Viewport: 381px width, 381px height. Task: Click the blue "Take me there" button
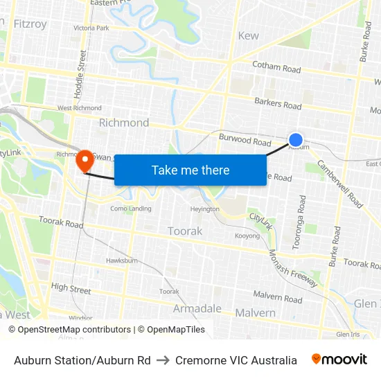pos(190,170)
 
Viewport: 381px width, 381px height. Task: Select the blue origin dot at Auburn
pos(296,140)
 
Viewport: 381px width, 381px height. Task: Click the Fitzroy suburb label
pos(29,24)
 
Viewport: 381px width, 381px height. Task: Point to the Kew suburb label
pos(248,36)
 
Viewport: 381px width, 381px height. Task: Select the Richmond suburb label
pos(124,123)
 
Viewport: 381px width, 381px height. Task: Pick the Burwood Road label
pos(245,141)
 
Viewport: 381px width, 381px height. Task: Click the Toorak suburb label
pos(185,231)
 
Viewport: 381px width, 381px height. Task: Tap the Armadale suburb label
pos(197,308)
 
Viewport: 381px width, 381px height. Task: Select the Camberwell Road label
pos(340,184)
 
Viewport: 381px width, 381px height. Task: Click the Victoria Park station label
pos(91,28)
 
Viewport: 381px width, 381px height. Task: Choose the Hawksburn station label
pos(118,260)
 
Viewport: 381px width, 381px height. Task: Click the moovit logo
pos(339,360)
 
